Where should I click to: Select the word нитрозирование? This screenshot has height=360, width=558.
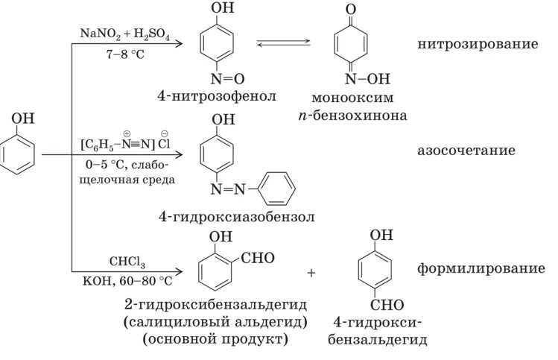pyautogui.click(x=478, y=45)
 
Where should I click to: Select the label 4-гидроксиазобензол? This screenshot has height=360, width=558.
pyautogui.click(x=237, y=217)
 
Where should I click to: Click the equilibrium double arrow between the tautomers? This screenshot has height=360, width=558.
pyautogui.click(x=284, y=43)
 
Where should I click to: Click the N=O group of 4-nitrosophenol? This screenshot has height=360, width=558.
pyautogui.click(x=226, y=78)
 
